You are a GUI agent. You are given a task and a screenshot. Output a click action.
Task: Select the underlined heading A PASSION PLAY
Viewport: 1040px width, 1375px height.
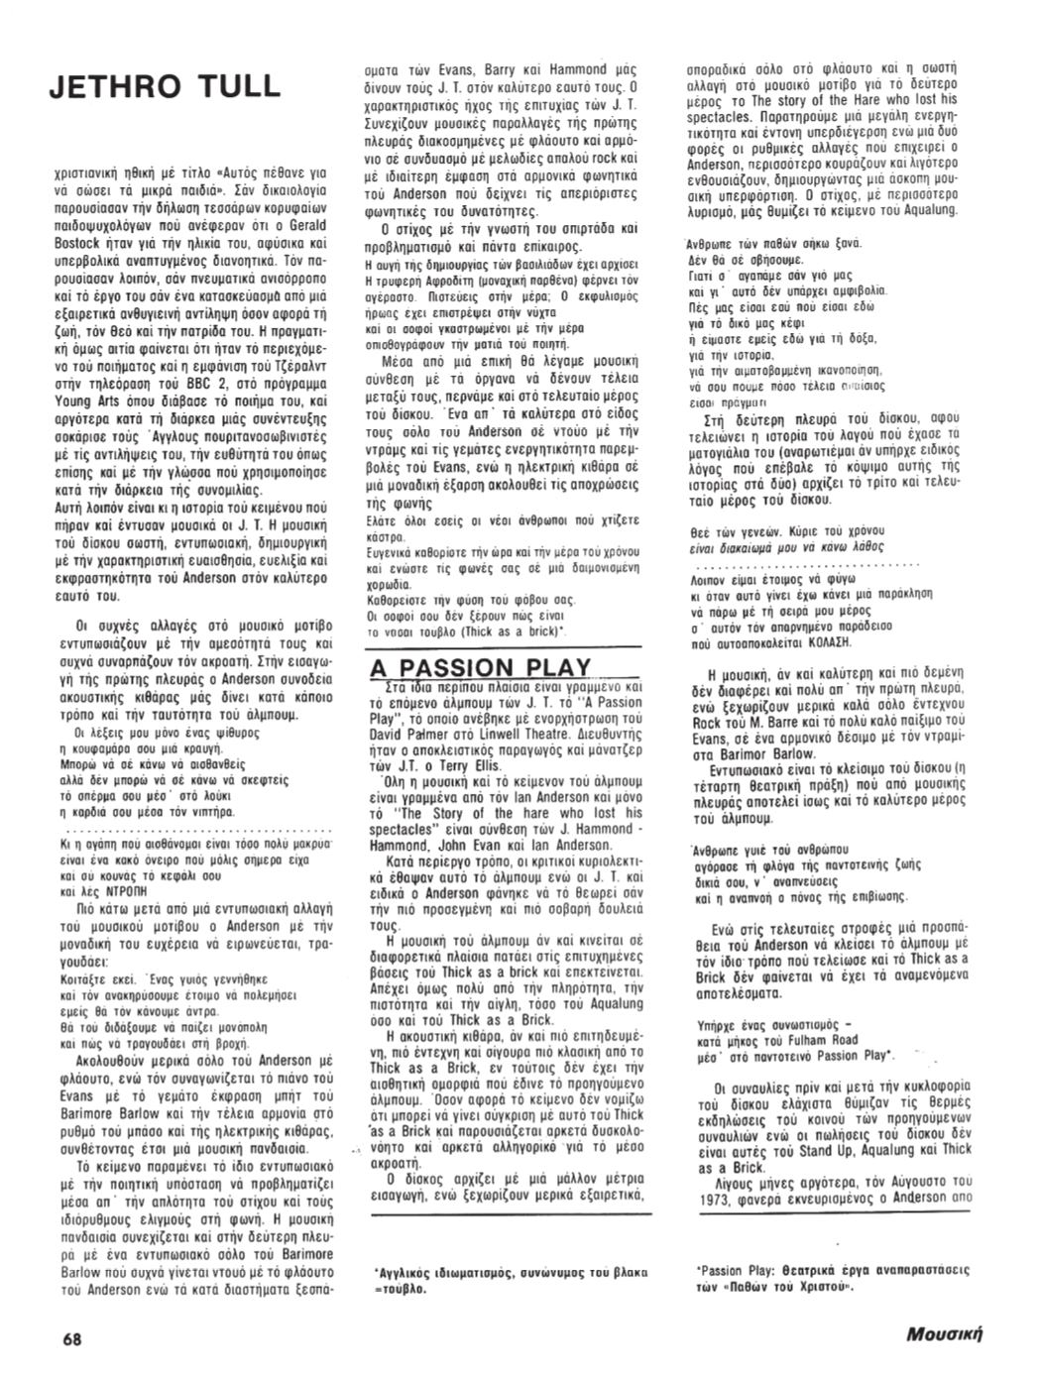(x=480, y=667)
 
